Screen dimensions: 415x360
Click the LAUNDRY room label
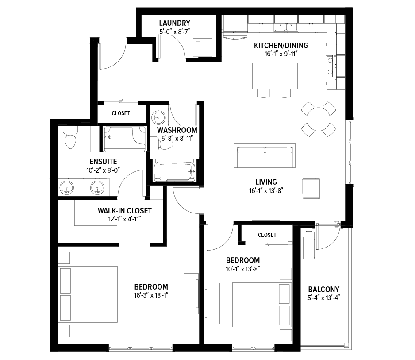point(174,23)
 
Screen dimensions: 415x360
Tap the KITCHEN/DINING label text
point(281,46)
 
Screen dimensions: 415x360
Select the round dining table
point(319,119)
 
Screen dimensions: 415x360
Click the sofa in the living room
point(265,156)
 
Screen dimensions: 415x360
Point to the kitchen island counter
point(275,76)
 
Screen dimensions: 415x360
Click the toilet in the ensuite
point(70,137)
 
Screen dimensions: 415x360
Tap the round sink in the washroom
point(158,117)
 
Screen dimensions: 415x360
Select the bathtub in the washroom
point(174,171)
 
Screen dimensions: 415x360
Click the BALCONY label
point(324,289)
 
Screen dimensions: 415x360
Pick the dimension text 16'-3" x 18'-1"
point(151,295)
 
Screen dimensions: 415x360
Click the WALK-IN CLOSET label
point(125,211)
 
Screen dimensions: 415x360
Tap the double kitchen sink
point(285,27)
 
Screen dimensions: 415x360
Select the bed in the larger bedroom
point(88,294)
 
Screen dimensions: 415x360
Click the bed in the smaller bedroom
point(262,304)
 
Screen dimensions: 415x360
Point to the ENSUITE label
point(103,162)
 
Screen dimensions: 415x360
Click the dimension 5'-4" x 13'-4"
point(323,298)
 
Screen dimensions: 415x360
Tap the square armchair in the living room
point(311,188)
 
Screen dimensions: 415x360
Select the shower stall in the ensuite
point(125,139)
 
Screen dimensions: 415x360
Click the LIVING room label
point(266,182)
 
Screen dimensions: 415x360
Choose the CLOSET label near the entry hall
point(121,113)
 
